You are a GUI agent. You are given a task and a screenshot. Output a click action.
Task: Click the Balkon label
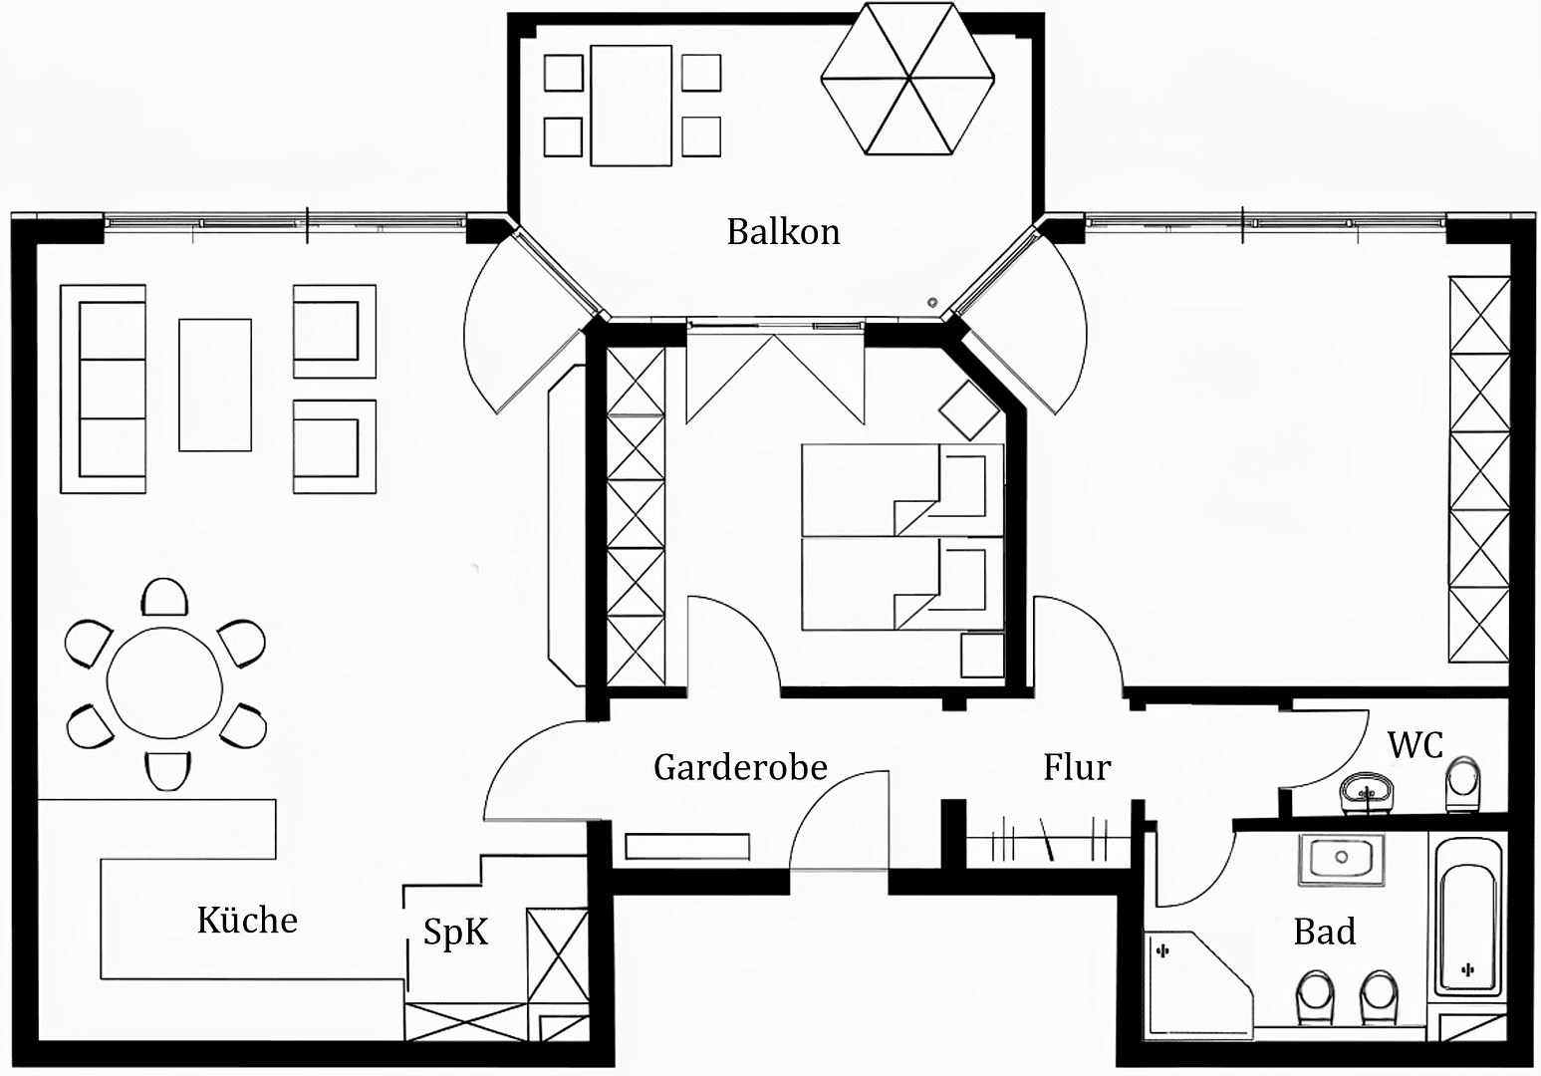pos(783,231)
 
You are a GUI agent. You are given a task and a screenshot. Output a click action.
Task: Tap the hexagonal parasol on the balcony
pos(906,79)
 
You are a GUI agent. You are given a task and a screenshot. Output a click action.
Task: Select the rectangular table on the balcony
pos(631,105)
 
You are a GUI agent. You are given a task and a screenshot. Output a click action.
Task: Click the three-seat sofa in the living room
pos(103,389)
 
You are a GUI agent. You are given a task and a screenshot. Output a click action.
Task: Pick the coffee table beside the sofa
pos(214,385)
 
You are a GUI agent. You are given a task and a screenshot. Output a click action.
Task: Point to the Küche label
pos(247,920)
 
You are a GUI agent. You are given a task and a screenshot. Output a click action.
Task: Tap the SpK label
pos(455,932)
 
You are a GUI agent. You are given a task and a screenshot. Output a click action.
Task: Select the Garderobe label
pos(740,767)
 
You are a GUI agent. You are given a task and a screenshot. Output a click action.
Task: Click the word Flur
pos(1076,767)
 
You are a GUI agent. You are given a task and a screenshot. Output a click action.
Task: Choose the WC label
pos(1414,744)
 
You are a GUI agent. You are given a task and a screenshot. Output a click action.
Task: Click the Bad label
pos(1324,932)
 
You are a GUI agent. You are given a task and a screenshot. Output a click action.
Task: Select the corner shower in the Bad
pos(1190,981)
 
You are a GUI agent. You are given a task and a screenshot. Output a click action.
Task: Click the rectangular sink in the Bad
pos(1341,860)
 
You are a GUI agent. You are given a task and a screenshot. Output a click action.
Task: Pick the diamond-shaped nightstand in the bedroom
pos(968,409)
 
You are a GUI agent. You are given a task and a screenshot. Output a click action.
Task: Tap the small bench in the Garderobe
pos(686,846)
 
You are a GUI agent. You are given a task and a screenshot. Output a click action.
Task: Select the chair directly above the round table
pos(165,598)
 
